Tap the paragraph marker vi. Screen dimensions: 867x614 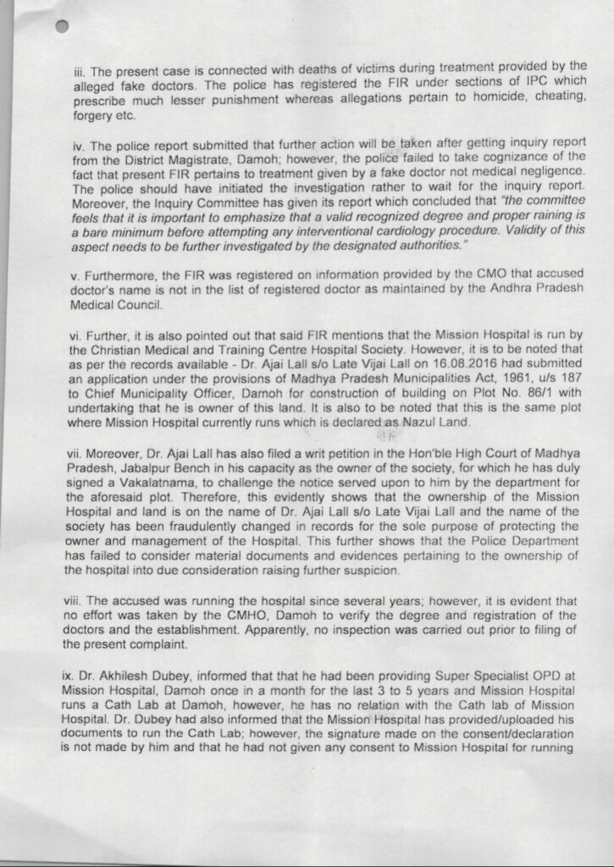pos(76,335)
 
